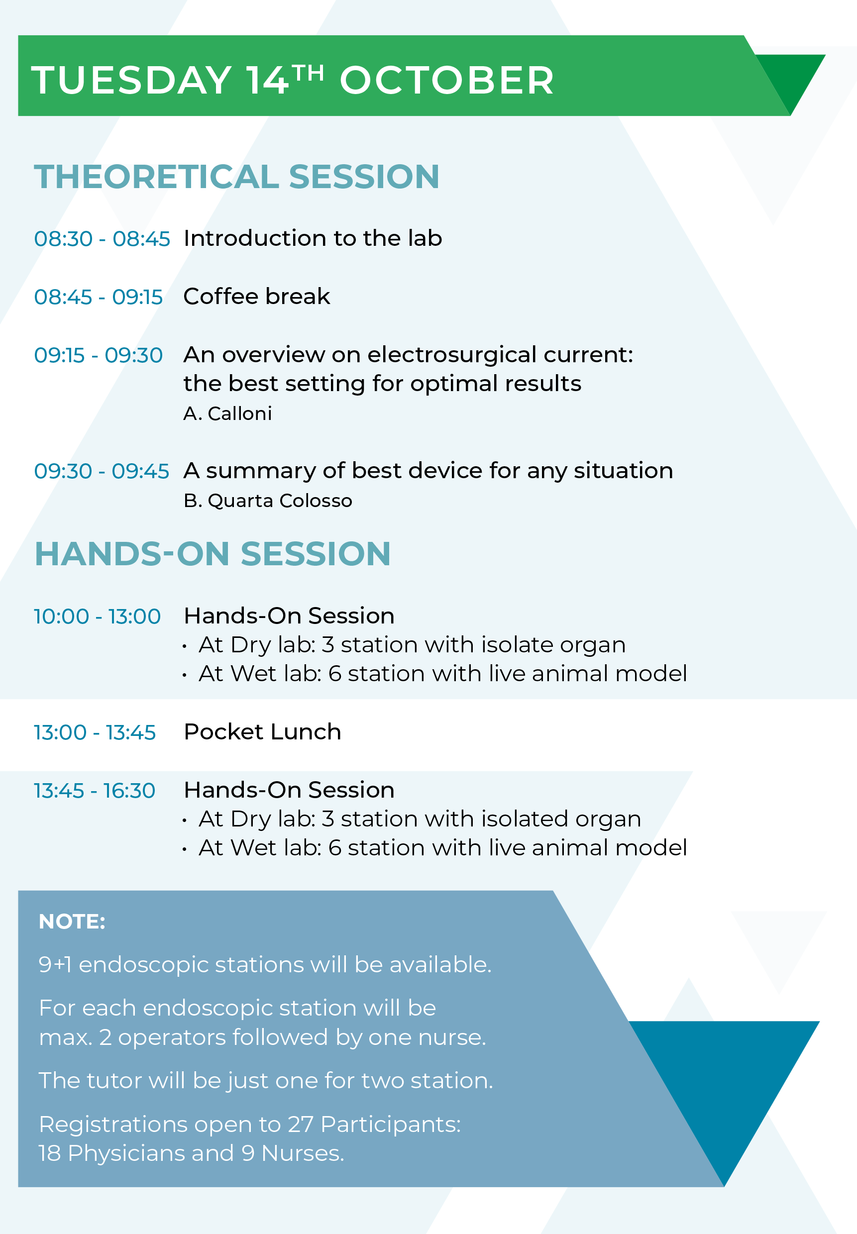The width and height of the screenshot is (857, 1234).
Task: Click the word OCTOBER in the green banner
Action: pyautogui.click(x=446, y=81)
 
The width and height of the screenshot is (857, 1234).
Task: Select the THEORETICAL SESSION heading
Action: pyautogui.click(x=237, y=177)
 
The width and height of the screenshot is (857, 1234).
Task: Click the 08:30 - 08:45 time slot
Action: pyautogui.click(x=102, y=239)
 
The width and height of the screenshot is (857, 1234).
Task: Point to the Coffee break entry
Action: pyautogui.click(x=257, y=296)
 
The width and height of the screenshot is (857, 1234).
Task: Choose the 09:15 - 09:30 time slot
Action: pyautogui.click(x=98, y=355)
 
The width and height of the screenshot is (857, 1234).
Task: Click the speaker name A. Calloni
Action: pyautogui.click(x=227, y=413)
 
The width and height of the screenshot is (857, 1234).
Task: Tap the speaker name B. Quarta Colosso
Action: pyautogui.click(x=268, y=500)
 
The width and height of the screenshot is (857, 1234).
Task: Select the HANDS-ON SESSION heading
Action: pyautogui.click(x=213, y=554)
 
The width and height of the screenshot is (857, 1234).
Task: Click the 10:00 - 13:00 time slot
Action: pyautogui.click(x=97, y=616)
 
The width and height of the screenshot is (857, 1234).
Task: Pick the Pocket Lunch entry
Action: pyautogui.click(x=263, y=731)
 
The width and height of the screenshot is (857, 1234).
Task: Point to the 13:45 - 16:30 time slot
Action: pyautogui.click(x=95, y=791)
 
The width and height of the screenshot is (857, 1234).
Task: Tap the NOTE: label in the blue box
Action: pyautogui.click(x=72, y=922)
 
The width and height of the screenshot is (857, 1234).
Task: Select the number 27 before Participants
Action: pyautogui.click(x=301, y=1124)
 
